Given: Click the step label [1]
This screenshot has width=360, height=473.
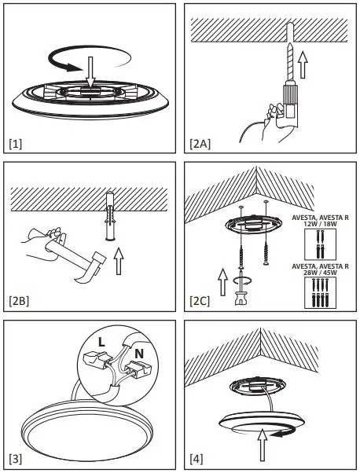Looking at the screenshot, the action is (x=16, y=145).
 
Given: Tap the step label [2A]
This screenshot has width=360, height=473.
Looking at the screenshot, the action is (x=200, y=144).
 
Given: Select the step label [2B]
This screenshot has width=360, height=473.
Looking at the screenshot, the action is (x=19, y=301).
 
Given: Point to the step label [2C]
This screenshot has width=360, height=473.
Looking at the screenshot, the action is (x=200, y=301).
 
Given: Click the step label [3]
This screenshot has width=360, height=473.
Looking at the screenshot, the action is (x=16, y=459).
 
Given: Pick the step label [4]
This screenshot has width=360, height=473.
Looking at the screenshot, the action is (x=197, y=459).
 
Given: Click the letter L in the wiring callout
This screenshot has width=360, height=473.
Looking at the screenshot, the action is (x=101, y=342).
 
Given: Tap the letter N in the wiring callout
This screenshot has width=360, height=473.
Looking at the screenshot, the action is (x=139, y=354).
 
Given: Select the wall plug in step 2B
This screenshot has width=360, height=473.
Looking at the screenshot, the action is (x=111, y=216).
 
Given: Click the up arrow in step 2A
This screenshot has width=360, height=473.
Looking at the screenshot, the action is (x=303, y=65).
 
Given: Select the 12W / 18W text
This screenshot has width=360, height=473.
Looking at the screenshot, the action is (x=320, y=224).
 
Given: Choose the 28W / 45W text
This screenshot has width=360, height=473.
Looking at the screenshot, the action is (x=320, y=273).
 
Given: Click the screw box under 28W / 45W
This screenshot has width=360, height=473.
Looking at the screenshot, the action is (x=320, y=292).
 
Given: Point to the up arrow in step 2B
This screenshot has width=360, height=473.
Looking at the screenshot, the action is (x=119, y=261).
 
